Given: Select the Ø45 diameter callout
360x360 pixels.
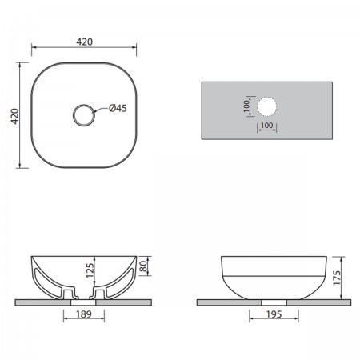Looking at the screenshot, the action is pos(118,108).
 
